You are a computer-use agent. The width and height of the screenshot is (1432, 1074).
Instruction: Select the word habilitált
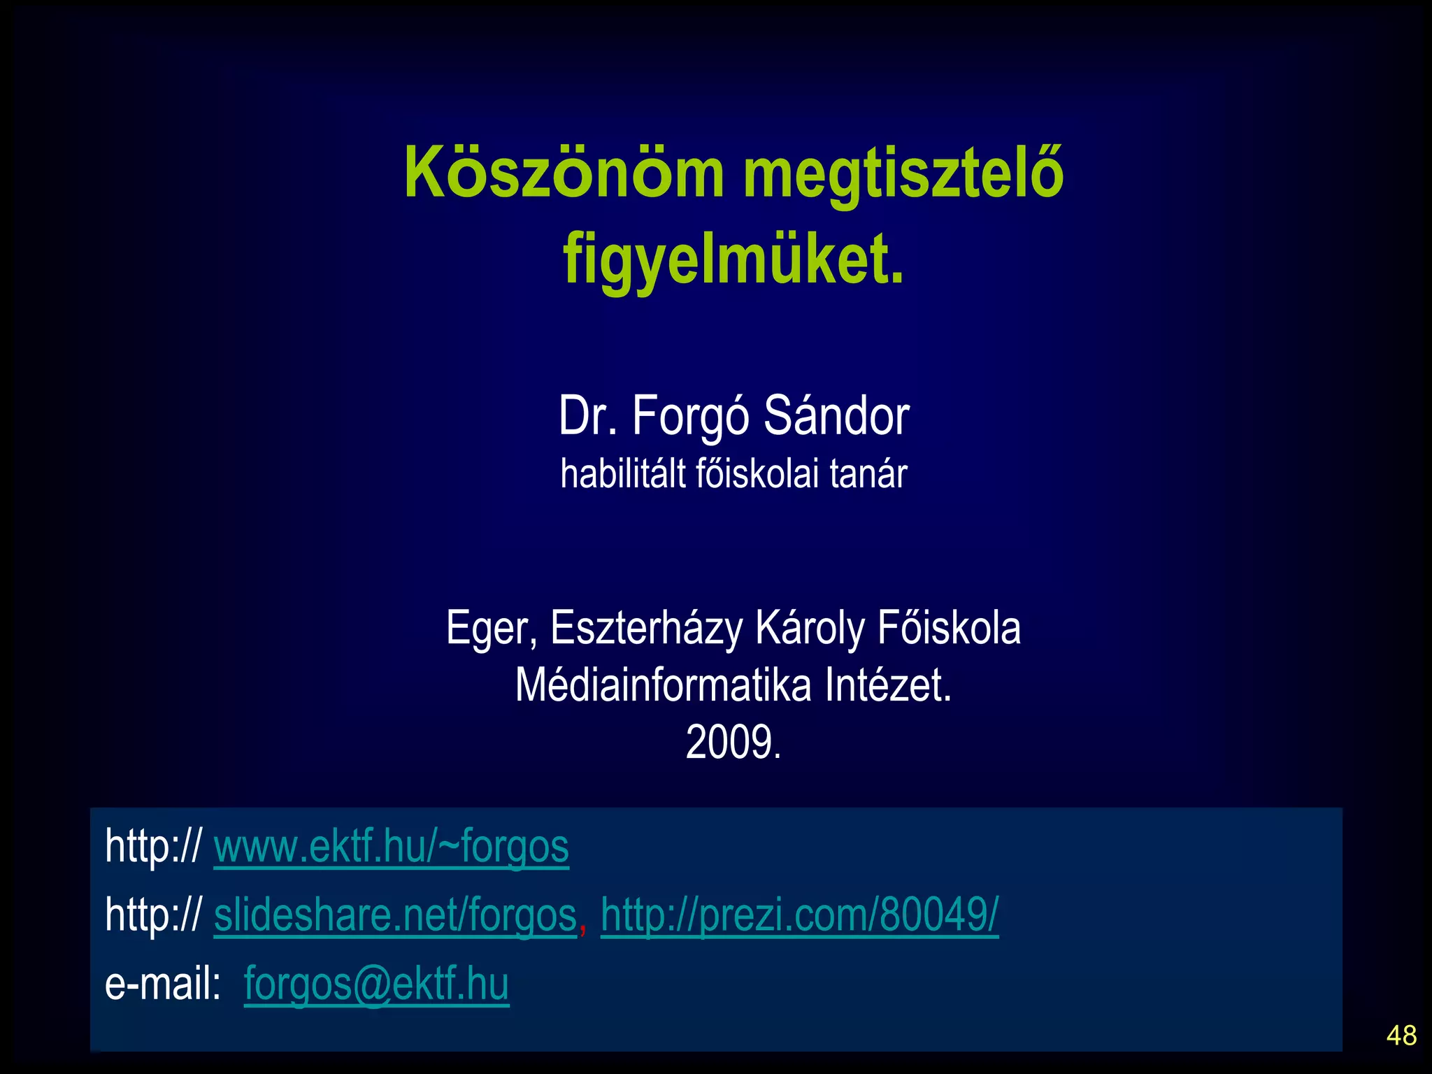[x=622, y=474]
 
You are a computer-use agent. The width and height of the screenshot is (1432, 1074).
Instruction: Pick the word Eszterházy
[x=646, y=629]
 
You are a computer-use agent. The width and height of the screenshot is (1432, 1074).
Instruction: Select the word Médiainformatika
[x=663, y=685]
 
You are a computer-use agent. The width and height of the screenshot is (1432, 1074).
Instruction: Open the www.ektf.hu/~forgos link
[x=391, y=847]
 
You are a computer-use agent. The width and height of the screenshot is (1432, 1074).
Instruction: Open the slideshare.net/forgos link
[x=395, y=915]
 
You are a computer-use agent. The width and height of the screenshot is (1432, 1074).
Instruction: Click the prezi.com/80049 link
[x=799, y=915]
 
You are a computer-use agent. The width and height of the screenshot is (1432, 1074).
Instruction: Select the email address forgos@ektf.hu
[x=376, y=984]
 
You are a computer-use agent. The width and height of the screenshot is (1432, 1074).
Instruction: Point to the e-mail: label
[x=162, y=984]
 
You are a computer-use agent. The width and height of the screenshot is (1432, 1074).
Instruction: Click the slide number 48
[x=1401, y=1036]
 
